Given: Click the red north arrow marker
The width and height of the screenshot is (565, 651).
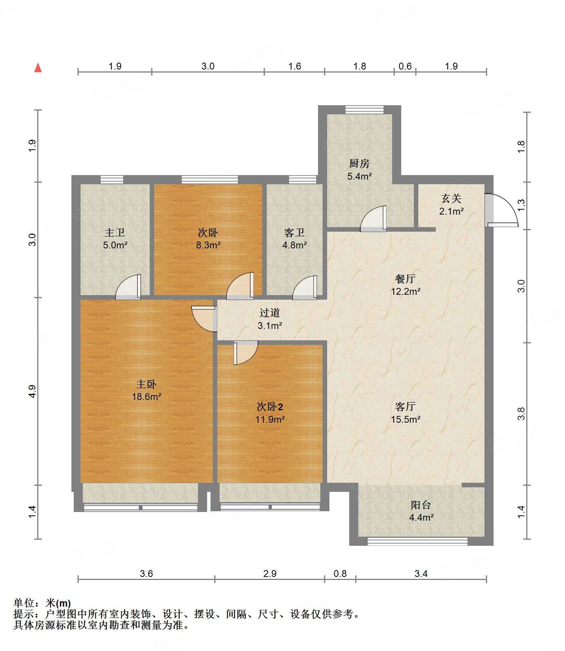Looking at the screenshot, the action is click(38, 68).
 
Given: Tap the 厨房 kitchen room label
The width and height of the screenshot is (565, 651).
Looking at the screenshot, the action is click(359, 163).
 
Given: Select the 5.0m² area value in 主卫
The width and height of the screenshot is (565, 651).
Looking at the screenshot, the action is click(115, 245).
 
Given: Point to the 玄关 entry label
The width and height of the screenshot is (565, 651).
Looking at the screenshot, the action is click(451, 198).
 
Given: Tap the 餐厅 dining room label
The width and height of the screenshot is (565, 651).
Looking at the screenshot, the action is click(405, 279).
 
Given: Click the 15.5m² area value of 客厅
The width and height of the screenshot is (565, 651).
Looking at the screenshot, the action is click(405, 419).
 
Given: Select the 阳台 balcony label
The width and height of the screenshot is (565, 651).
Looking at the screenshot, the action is click(421, 505).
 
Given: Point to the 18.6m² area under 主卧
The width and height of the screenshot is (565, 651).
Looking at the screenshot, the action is click(147, 397).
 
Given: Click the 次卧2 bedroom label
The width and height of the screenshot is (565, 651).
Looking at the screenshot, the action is click(270, 407).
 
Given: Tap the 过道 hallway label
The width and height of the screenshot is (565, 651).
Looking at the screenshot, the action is click(270, 313).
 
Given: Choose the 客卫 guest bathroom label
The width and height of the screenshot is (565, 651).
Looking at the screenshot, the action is click(294, 232).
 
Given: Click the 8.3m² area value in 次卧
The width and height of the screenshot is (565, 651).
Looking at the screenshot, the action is click(208, 245).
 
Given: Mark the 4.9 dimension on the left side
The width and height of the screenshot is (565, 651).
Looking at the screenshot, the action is click(32, 391).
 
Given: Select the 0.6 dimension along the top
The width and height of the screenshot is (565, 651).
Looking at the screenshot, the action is click(405, 66).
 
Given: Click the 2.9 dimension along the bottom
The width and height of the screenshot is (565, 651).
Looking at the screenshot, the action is click(270, 574).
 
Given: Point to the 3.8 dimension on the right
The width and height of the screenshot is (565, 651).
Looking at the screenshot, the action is click(521, 414).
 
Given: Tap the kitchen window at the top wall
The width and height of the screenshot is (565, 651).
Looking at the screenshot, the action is click(364, 109).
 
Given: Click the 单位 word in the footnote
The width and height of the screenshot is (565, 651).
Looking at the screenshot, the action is click(24, 603).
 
